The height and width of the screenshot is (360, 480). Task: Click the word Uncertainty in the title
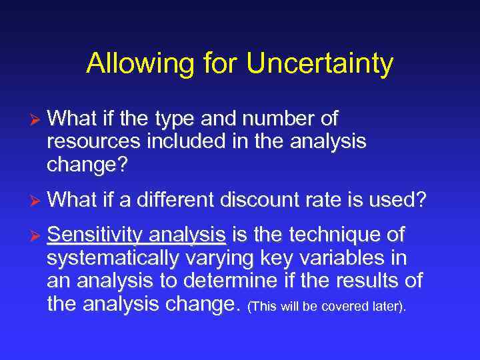[319, 64]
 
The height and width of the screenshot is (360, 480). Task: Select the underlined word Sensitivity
[95, 235]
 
